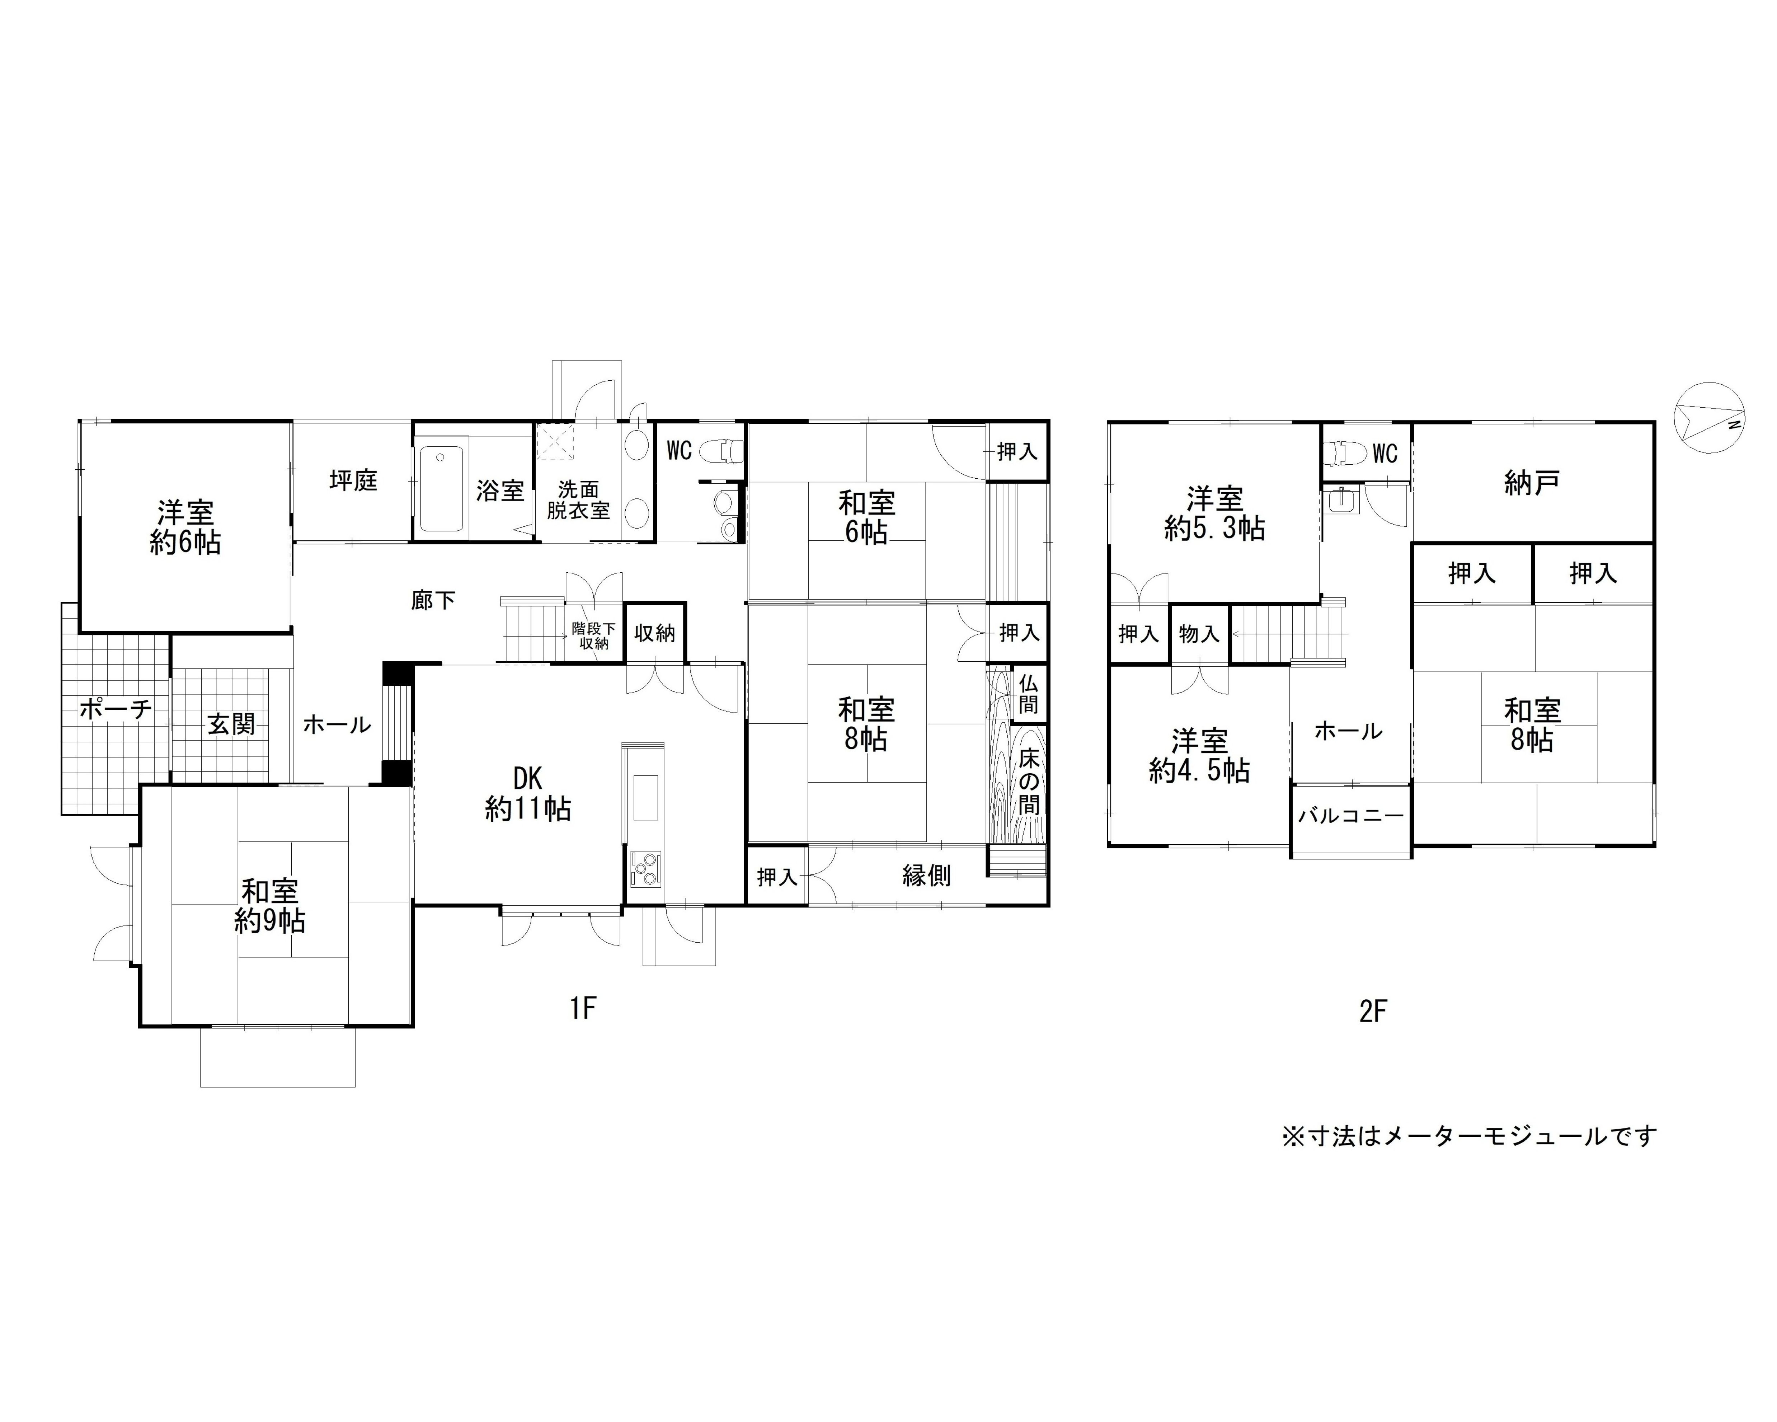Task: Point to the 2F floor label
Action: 1373,1011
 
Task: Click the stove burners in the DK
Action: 644,867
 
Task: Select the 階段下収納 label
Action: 593,635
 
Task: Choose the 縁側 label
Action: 926,876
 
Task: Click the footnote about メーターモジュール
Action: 1469,1136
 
